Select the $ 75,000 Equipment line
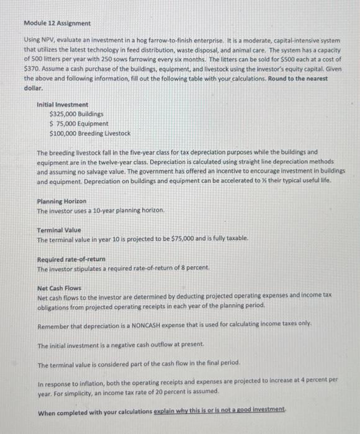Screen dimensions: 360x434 click(x=78, y=124)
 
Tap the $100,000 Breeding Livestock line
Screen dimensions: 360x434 click(x=89, y=133)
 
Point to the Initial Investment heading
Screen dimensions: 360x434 click(x=62, y=105)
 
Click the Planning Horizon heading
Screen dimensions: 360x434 click(x=61, y=201)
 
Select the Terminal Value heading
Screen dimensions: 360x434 click(x=59, y=229)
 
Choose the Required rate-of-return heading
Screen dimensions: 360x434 click(x=71, y=259)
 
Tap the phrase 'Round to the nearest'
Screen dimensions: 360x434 click(x=310, y=79)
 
